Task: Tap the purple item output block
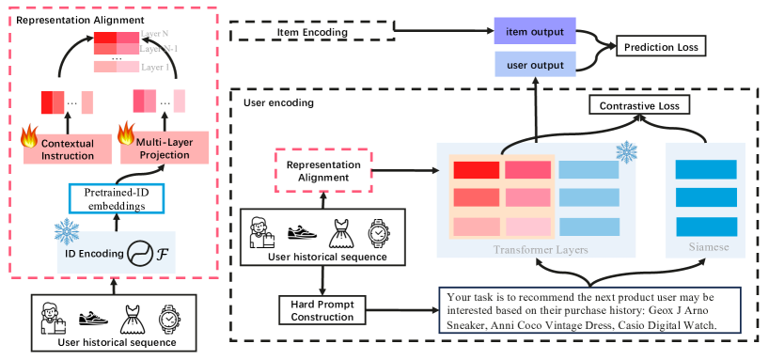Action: pyautogui.click(x=535, y=33)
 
